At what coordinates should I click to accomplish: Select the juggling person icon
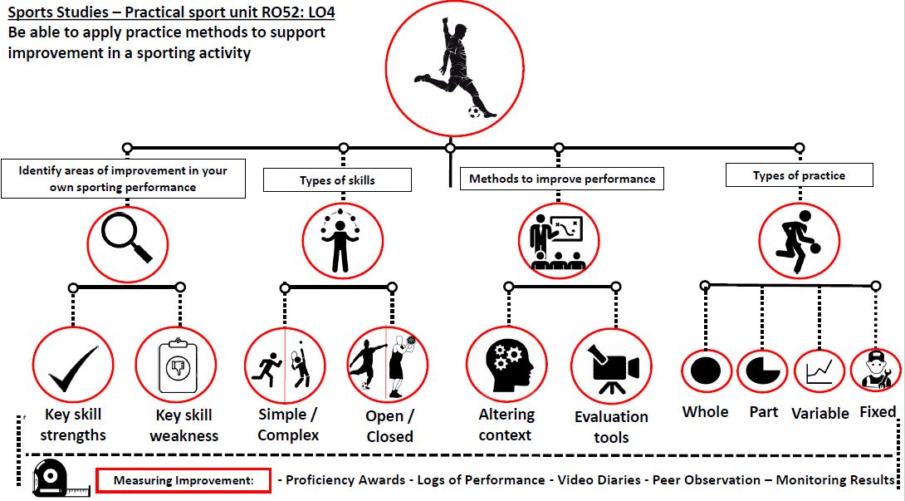(x=341, y=240)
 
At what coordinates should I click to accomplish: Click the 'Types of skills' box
(x=337, y=180)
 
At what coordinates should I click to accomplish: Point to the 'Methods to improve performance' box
(x=562, y=179)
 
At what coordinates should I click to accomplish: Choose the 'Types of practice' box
(x=799, y=175)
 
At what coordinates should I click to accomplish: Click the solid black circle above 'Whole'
(x=707, y=370)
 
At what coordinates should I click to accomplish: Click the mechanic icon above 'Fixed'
(x=875, y=370)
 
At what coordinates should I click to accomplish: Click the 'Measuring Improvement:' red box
(x=183, y=480)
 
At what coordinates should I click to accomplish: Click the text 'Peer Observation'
(x=707, y=480)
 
